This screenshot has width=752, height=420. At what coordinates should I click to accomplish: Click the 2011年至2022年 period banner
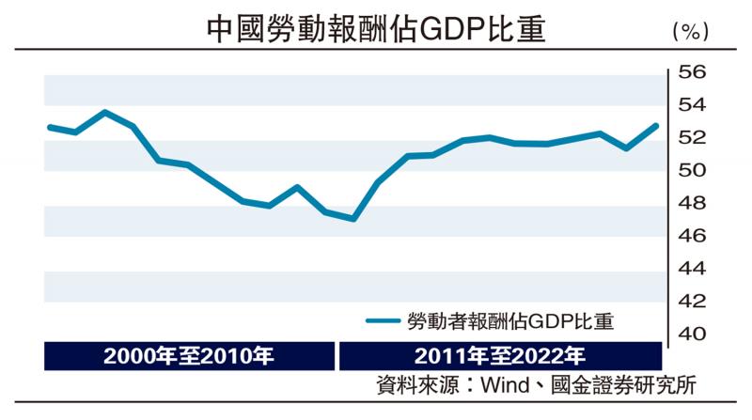click(x=499, y=357)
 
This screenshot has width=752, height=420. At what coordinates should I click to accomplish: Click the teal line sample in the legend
click(x=383, y=321)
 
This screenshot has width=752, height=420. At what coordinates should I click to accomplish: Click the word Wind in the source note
click(x=504, y=386)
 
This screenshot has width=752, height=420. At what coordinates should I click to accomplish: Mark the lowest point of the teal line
click(x=352, y=219)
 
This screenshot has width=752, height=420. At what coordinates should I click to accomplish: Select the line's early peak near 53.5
click(x=104, y=112)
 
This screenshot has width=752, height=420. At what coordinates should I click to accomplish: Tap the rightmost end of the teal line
click(x=656, y=126)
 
